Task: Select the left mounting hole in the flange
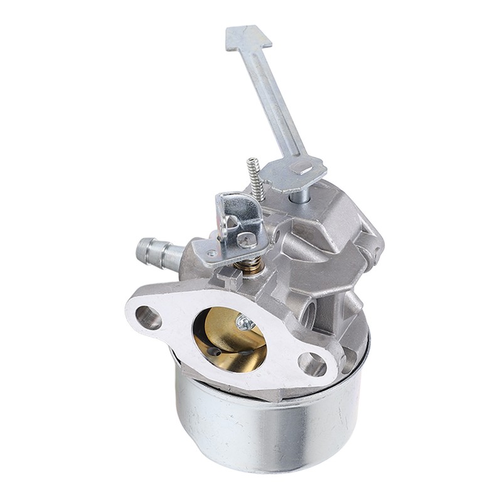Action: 149,317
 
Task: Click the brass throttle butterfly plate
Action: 226,342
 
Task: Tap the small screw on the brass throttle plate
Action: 245,324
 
